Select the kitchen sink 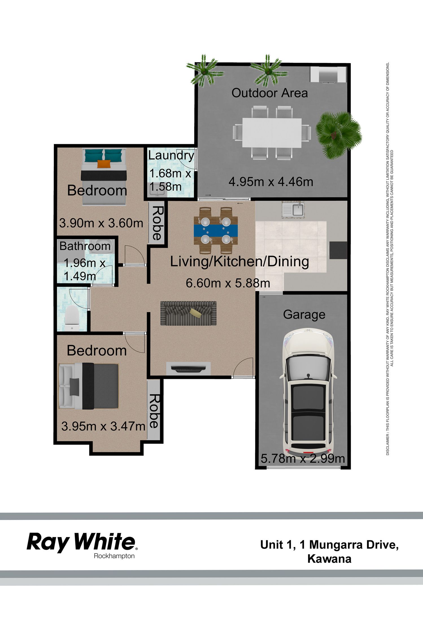point(293,210)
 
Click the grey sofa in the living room point(188,313)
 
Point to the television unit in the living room point(188,369)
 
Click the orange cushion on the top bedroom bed point(104,164)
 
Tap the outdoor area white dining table point(272,133)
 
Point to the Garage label point(304,315)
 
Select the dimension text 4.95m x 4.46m point(271,182)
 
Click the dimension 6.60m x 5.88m point(228,283)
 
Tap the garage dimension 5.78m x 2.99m point(303,458)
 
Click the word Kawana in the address point(329,559)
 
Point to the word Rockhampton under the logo point(114,556)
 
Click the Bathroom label point(85,246)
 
